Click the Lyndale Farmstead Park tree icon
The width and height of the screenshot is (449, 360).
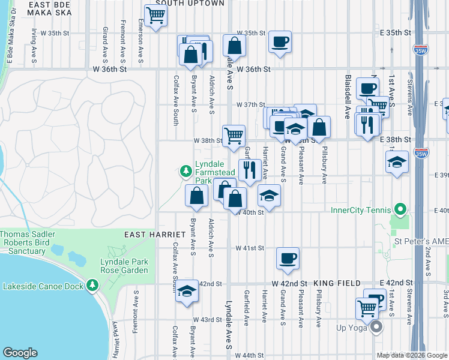(186, 172)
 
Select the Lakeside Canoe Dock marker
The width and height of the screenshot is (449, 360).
(92, 286)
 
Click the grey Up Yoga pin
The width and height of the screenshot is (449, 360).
(376, 327)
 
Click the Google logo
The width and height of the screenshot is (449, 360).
(20, 353)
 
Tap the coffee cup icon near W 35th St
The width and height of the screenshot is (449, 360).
(280, 41)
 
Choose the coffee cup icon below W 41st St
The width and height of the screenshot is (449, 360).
(288, 258)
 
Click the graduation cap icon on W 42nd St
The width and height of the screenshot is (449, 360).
(187, 291)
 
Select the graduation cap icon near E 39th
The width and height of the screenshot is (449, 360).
(397, 162)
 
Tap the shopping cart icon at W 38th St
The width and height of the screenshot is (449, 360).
(233, 135)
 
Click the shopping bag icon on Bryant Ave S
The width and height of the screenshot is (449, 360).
(197, 194)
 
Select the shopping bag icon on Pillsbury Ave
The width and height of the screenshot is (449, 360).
(319, 127)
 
